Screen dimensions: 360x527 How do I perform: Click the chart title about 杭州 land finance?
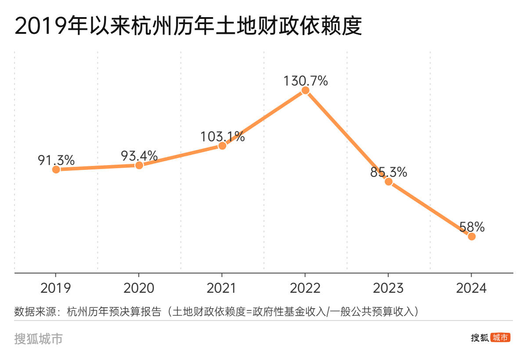tap(188, 26)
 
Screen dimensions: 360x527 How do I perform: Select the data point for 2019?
tap(56, 169)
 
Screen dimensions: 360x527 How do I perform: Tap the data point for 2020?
tap(139, 165)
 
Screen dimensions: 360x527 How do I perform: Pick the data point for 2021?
tap(222, 146)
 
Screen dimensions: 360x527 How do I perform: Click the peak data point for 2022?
tap(305, 90)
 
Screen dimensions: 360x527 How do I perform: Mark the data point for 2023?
tap(388, 181)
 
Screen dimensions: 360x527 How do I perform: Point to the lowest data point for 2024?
tap(472, 236)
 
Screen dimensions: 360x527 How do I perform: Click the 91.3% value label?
tap(56, 160)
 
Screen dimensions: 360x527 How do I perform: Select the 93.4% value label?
tap(139, 155)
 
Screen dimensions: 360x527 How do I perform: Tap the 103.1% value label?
tap(222, 136)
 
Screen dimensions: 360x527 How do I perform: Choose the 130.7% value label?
tap(305, 81)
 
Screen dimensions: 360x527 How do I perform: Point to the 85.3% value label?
tap(388, 172)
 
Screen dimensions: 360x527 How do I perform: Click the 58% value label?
tap(472, 227)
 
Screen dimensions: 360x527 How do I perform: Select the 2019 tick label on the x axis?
tap(56, 288)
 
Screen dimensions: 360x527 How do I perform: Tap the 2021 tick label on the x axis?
tap(222, 288)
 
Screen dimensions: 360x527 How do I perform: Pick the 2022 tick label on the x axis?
tap(305, 288)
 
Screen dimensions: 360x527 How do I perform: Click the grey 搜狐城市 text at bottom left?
tap(38, 338)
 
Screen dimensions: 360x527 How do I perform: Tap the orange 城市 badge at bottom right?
tap(500, 338)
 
